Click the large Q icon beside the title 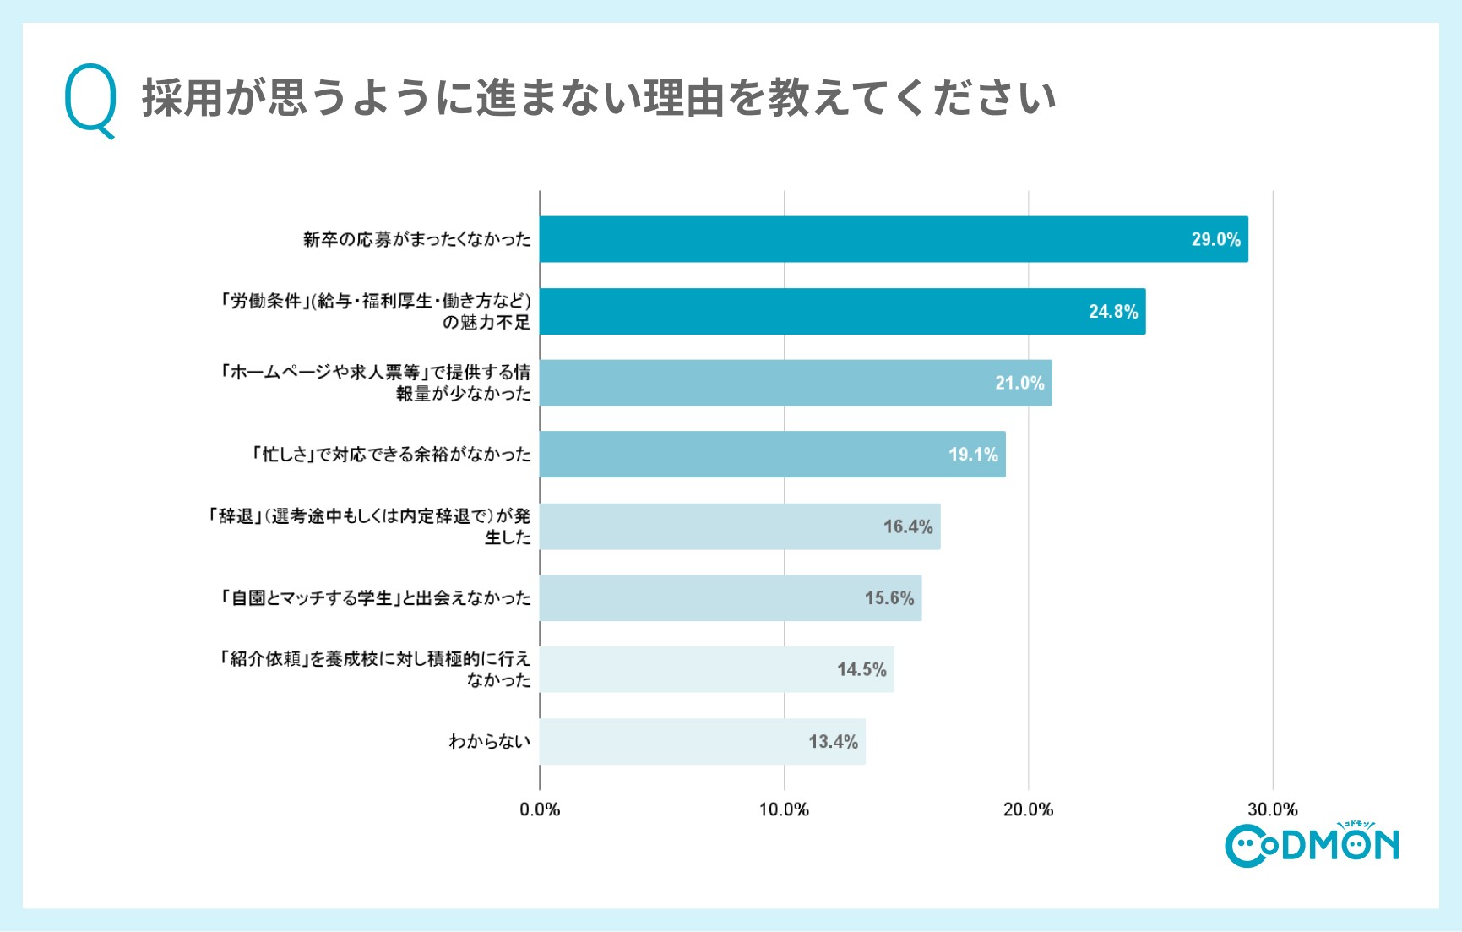coord(90,100)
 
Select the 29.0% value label coord(1215,239)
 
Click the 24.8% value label coord(1112,311)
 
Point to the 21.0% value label coord(1019,383)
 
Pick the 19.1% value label coord(973,455)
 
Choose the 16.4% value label coord(908,526)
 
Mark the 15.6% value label coord(889,598)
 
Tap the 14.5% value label coord(861,669)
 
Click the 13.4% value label coord(833,741)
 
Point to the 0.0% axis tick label coord(540,809)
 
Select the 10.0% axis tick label coord(784,809)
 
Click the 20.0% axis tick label coord(1028,809)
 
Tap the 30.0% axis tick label coord(1272,809)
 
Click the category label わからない coord(490,741)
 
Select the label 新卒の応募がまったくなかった coord(417,239)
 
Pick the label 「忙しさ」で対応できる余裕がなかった coord(391,455)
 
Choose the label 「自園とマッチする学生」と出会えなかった coord(375,598)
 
